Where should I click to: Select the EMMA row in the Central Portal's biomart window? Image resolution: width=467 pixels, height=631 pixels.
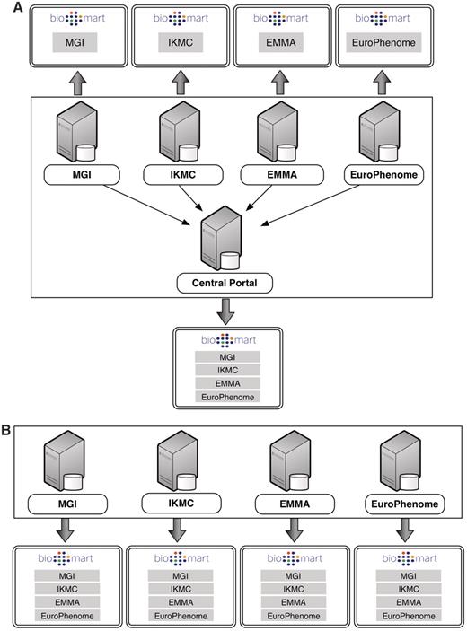(x=228, y=383)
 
